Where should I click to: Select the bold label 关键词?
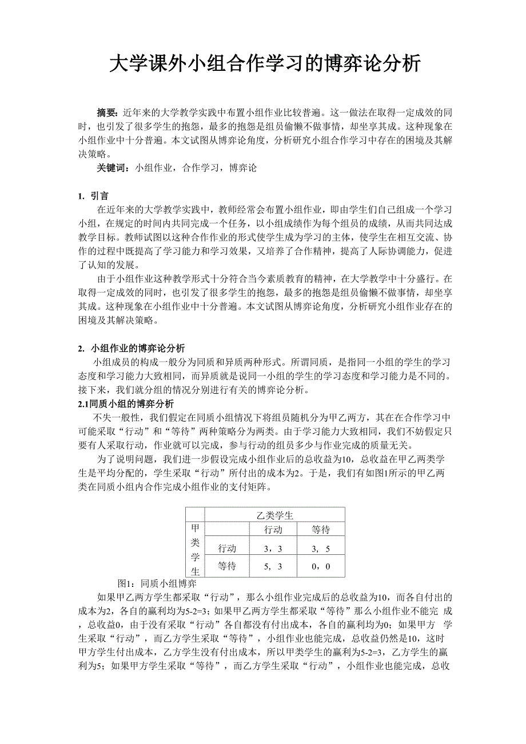[x=113, y=169]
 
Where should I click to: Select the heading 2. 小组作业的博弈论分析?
[x=131, y=348]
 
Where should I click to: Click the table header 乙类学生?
[x=275, y=515]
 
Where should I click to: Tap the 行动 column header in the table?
[x=273, y=530]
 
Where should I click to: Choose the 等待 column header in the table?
[x=321, y=530]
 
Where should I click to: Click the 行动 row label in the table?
[x=227, y=549]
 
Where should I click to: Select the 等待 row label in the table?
[x=227, y=567]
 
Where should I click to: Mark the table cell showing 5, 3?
[x=273, y=567]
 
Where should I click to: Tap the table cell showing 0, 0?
[x=321, y=567]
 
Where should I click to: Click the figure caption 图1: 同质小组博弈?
[x=157, y=583]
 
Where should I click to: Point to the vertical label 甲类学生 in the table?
[x=195, y=549]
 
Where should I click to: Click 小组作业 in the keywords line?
[x=154, y=169]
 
